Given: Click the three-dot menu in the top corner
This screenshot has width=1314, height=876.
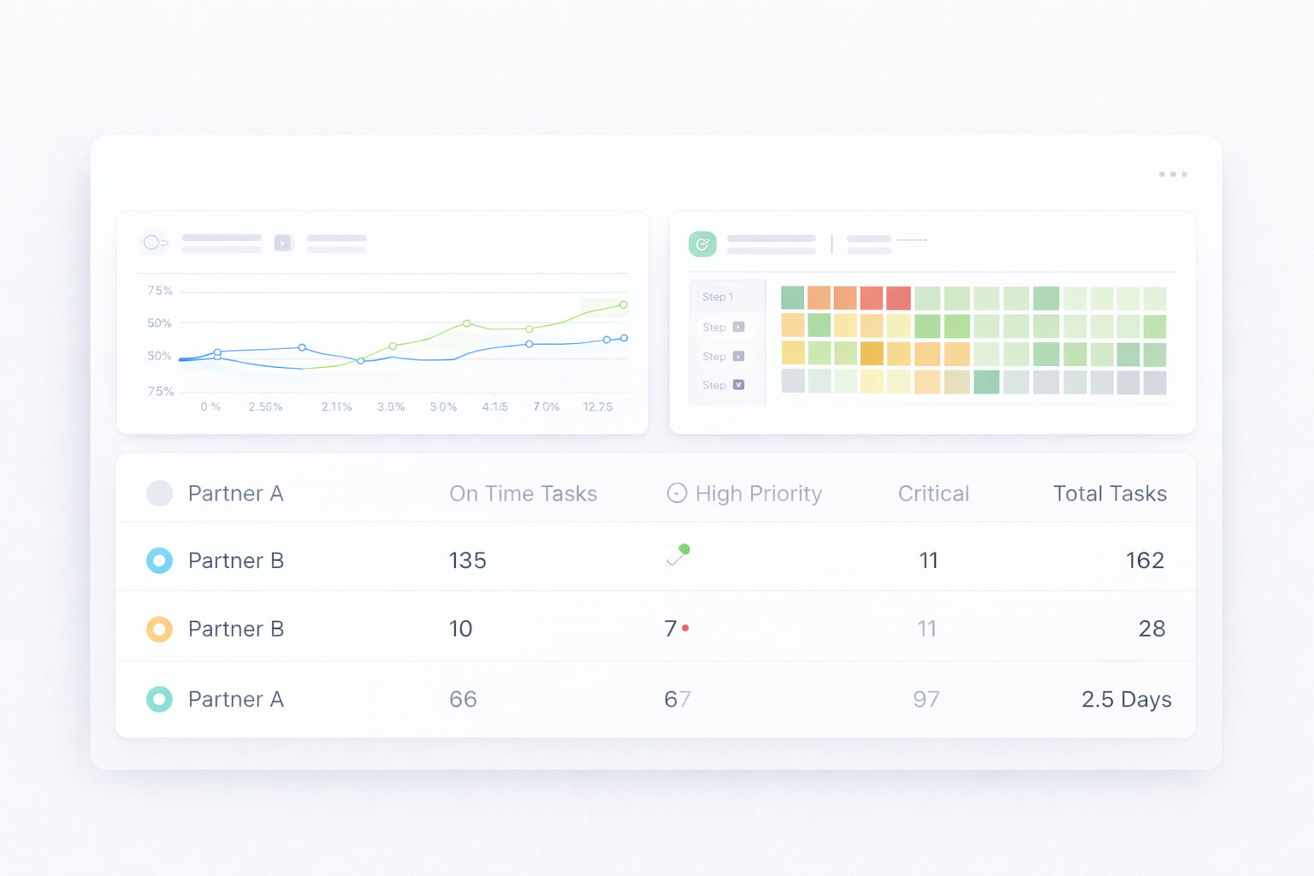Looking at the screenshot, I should click(x=1173, y=175).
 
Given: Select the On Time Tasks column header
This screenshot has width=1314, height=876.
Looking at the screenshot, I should click(x=523, y=494).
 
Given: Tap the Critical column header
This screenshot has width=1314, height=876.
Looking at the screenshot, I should click(x=933, y=494).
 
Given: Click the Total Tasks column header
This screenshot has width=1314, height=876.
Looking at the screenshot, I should click(x=1110, y=494).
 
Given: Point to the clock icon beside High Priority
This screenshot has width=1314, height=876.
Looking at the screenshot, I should click(x=677, y=493).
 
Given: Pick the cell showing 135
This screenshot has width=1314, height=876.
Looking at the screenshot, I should click(x=467, y=560).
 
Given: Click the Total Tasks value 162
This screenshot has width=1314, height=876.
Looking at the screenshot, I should click(x=1145, y=560).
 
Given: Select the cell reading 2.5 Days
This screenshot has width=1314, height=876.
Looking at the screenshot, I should click(x=1126, y=699).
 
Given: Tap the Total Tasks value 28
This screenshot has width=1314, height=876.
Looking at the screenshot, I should click(x=1151, y=629).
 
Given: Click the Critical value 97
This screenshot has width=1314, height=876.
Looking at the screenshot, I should click(x=926, y=699).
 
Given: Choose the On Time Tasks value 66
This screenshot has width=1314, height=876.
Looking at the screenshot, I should click(x=463, y=699).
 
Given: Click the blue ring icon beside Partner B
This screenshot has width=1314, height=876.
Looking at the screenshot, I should click(x=159, y=560).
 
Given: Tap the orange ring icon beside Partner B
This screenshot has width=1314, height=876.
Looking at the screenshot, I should click(x=159, y=629).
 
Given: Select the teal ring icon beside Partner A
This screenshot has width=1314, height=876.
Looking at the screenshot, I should click(x=159, y=699).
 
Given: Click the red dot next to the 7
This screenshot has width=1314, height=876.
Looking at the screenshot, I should click(x=686, y=628).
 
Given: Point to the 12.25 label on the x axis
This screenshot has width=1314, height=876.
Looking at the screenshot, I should click(x=598, y=407).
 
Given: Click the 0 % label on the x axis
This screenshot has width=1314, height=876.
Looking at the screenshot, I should click(x=210, y=407).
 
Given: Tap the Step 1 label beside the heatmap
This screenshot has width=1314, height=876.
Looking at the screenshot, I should click(x=718, y=297).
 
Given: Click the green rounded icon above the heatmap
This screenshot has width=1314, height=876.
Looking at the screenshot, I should click(x=702, y=245).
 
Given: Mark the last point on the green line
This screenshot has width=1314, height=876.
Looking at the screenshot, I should click(x=624, y=305).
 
